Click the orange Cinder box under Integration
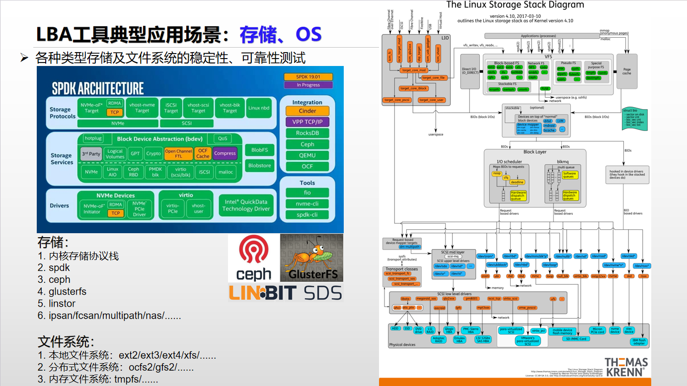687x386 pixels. pyautogui.click(x=307, y=111)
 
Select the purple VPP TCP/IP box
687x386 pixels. pyautogui.click(x=307, y=122)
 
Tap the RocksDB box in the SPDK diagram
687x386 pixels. pyautogui.click(x=307, y=133)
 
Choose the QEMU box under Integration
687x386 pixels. pyautogui.click(x=307, y=155)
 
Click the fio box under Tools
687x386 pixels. pyautogui.click(x=307, y=193)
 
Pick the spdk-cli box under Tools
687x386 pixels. pyautogui.click(x=307, y=215)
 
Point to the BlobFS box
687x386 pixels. pyautogui.click(x=259, y=150)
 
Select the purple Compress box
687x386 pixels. pyautogui.click(x=225, y=153)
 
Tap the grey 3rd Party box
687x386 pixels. pyautogui.click(x=91, y=154)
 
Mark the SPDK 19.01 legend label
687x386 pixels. pyautogui.click(x=308, y=76)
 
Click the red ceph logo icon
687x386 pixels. pyautogui.click(x=253, y=251)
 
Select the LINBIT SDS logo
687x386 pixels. pyautogui.click(x=286, y=292)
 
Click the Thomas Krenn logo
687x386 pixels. pyautogui.click(x=625, y=367)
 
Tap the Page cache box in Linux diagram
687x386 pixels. pyautogui.click(x=627, y=71)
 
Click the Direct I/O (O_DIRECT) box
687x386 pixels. pyautogui.click(x=470, y=71)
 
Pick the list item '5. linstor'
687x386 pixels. pyautogui.click(x=56, y=304)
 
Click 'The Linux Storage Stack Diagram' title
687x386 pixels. pyautogui.click(x=515, y=5)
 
